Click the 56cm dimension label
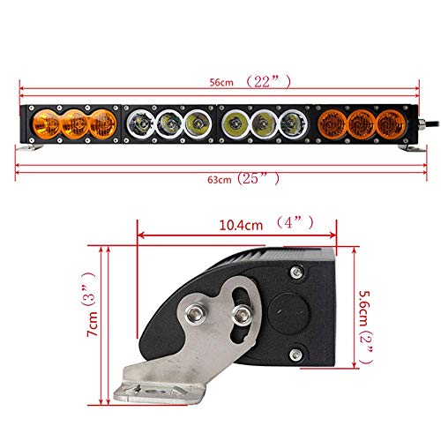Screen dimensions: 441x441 tap(221, 82)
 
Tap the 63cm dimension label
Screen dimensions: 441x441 tap(220, 180)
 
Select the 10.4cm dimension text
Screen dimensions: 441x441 tap(241, 226)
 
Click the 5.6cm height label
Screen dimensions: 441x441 tap(364, 308)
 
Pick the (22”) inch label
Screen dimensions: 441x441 tap(268, 81)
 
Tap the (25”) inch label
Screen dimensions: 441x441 tap(258, 178)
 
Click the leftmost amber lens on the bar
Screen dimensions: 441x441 tap(46, 124)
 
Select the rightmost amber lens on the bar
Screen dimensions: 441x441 tap(391, 124)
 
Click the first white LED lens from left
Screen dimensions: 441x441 tap(141, 123)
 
